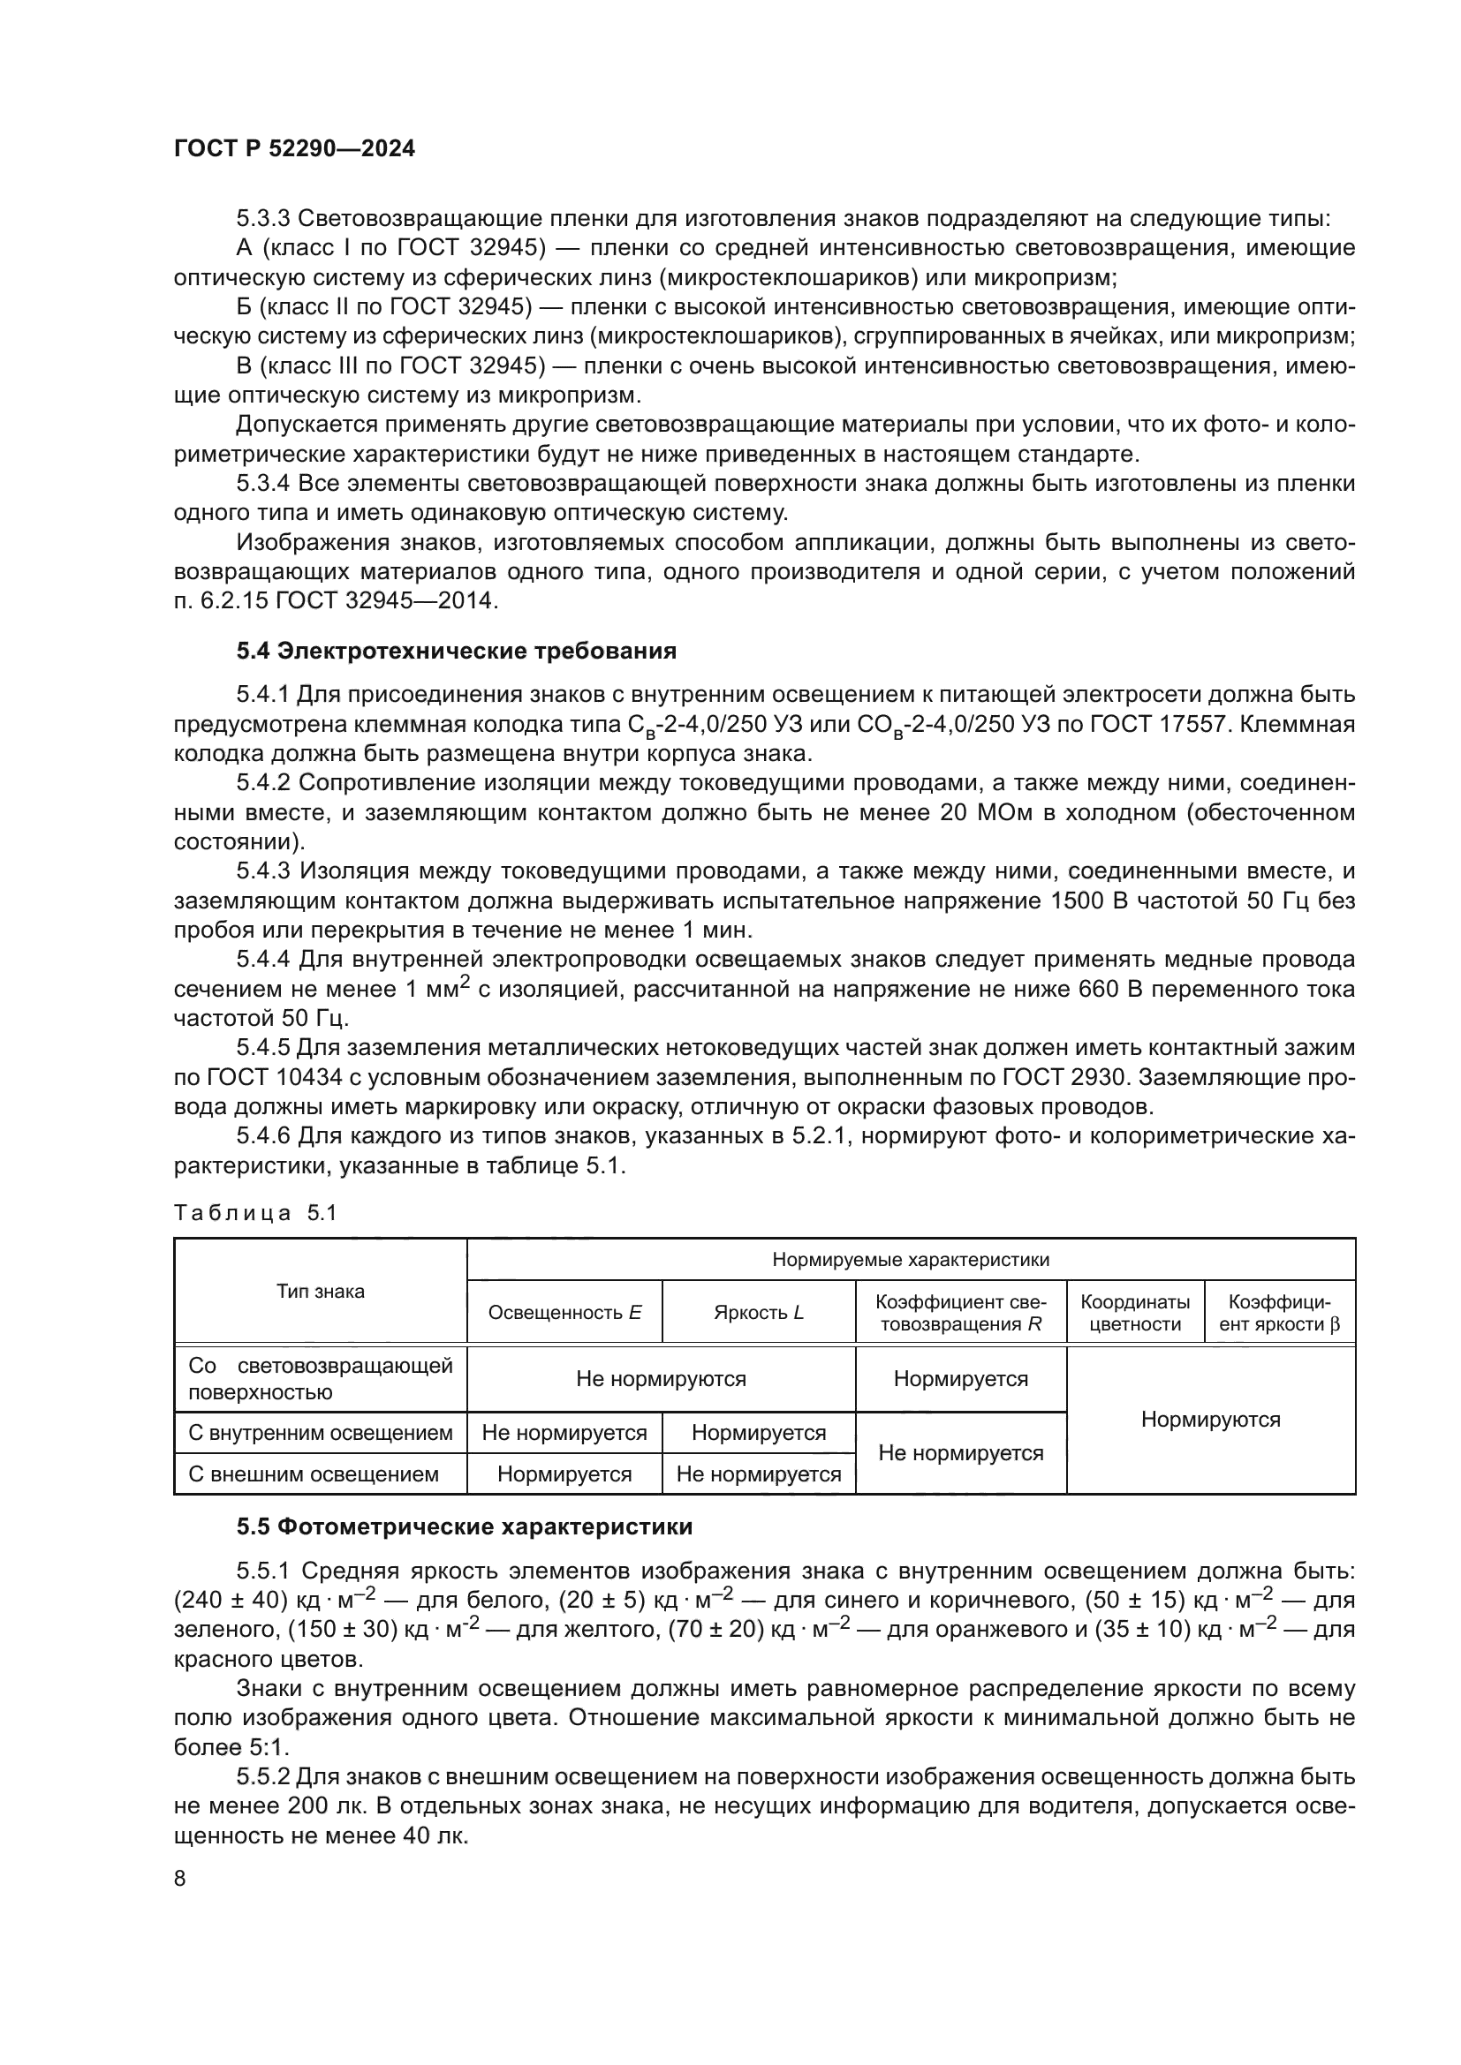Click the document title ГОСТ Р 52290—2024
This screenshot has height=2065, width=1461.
click(294, 149)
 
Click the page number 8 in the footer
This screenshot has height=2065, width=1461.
click(180, 1879)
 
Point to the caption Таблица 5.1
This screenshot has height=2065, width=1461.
click(254, 1213)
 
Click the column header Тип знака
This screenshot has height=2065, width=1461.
click(321, 1292)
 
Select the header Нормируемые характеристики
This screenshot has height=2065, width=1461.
click(911, 1259)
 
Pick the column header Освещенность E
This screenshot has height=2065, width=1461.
click(564, 1312)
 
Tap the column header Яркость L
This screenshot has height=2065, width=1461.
click(758, 1312)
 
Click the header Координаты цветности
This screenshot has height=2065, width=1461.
click(1134, 1312)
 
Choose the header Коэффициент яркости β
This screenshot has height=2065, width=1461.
click(1278, 1312)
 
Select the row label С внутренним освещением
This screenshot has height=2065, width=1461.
click(321, 1433)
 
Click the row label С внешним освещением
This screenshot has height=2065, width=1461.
click(313, 1474)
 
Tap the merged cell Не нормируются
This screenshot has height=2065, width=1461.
click(661, 1379)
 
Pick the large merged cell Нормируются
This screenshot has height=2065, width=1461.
click(1210, 1420)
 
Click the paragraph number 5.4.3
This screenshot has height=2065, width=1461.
click(263, 870)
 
